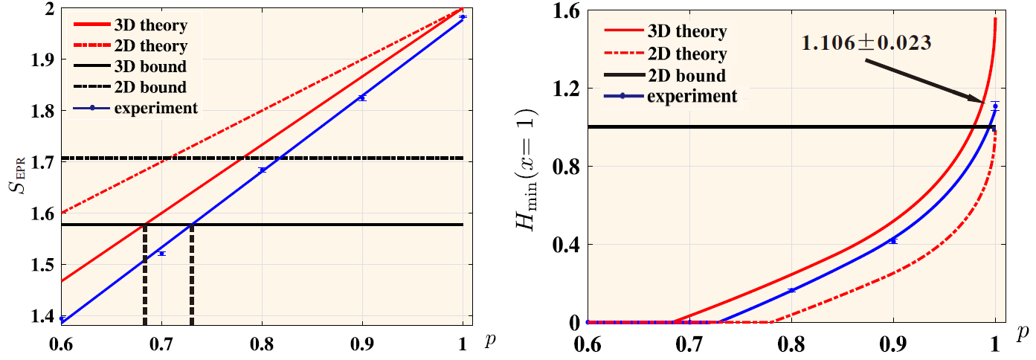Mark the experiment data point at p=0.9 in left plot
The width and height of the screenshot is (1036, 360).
coord(362,98)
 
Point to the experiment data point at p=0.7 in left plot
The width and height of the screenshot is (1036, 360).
coord(161,254)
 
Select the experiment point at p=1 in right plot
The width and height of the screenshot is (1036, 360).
coord(995,106)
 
